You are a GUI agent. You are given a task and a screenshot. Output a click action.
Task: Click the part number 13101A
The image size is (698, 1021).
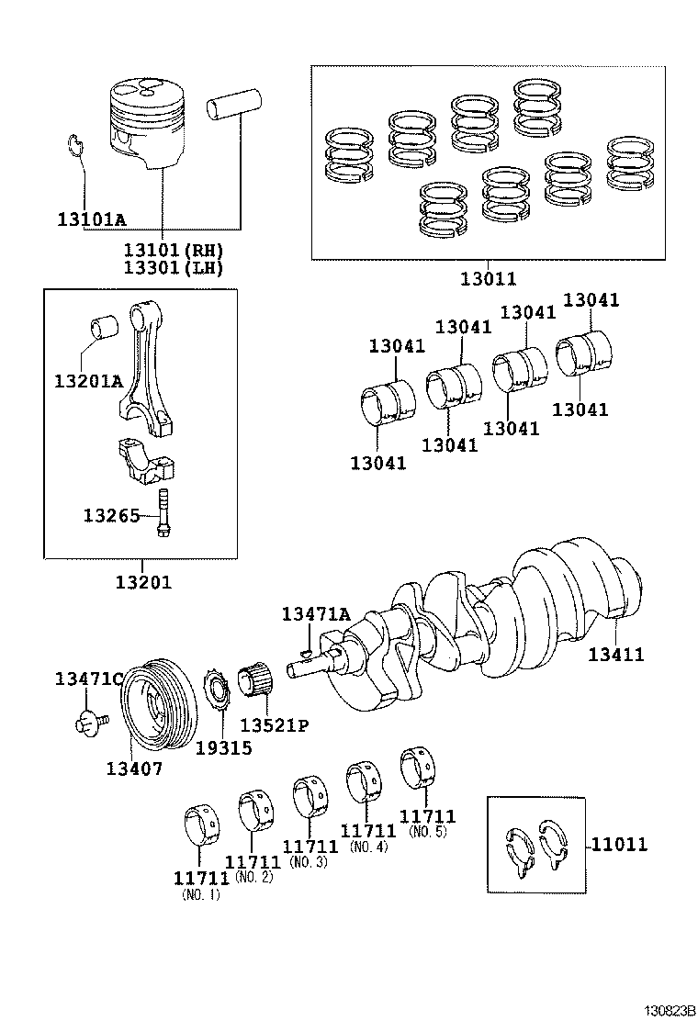[x=91, y=219]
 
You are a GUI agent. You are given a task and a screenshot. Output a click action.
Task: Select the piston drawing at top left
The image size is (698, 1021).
[x=149, y=124]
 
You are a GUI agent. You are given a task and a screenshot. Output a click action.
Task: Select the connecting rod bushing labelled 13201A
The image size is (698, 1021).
[x=100, y=329]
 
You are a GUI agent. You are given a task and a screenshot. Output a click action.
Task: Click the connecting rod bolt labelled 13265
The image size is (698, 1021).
[x=164, y=515]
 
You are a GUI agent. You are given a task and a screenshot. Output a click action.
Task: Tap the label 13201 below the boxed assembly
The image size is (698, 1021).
[x=143, y=581]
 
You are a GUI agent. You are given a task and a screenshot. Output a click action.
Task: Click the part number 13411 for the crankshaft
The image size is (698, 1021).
[x=615, y=654]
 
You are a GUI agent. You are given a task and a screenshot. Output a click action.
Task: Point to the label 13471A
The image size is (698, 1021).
[x=316, y=613]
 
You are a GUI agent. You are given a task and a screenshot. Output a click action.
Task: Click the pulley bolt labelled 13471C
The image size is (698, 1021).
[x=90, y=723]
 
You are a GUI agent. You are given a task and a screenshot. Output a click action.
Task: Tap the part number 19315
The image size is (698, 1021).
[x=223, y=747]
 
